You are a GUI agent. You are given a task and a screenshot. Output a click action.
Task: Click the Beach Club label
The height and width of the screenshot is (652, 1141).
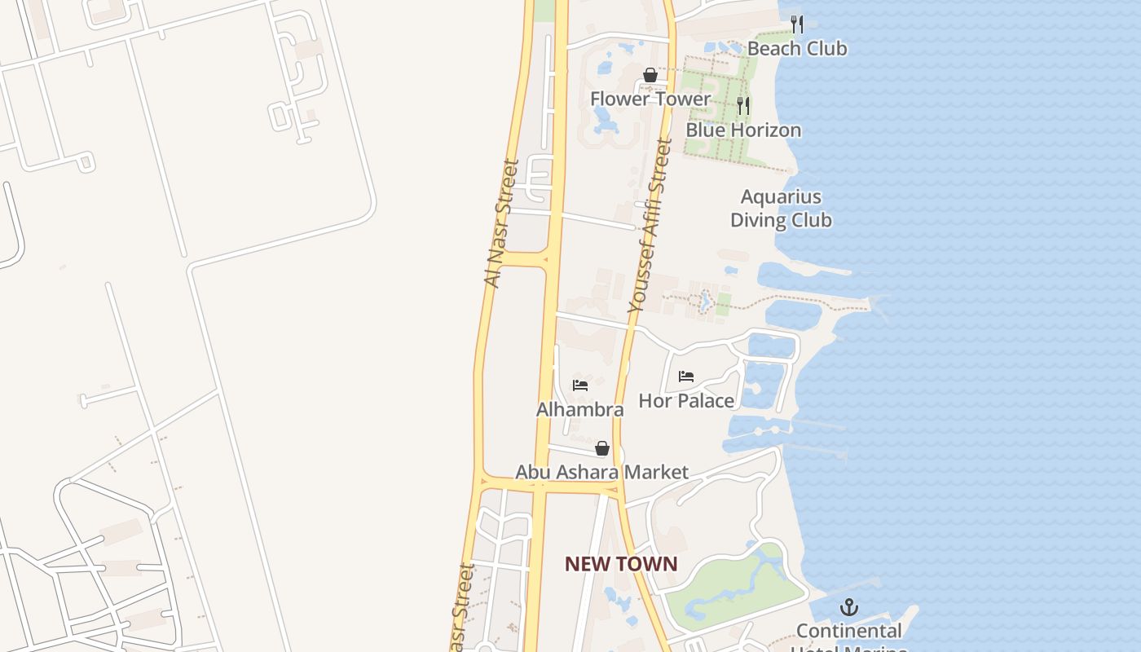point(797,49)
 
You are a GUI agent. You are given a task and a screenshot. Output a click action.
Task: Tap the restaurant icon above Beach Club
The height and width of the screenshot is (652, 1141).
point(797,24)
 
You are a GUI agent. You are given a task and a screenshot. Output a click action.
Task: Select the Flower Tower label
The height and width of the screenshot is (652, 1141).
point(650,99)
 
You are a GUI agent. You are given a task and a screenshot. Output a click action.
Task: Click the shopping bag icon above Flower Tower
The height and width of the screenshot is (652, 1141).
point(650,75)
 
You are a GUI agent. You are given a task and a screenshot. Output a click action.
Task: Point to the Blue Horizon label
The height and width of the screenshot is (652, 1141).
point(743,130)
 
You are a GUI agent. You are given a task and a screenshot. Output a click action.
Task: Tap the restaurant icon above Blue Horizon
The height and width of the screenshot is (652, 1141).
point(743,106)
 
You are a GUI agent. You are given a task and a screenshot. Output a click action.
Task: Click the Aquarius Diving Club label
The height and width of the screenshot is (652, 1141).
point(781,209)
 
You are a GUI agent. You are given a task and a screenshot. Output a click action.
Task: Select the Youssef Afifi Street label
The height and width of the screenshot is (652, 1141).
point(650,226)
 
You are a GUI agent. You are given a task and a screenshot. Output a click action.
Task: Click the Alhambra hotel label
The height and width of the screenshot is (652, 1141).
point(580,410)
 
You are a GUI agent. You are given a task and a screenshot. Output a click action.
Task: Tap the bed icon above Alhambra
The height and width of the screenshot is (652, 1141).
point(580,385)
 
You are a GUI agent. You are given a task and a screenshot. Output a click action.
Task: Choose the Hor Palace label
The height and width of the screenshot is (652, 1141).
point(686,401)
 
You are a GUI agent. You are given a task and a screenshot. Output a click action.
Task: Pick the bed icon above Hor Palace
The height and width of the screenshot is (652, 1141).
point(686,377)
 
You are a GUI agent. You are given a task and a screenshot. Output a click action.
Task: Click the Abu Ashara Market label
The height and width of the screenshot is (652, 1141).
point(601,473)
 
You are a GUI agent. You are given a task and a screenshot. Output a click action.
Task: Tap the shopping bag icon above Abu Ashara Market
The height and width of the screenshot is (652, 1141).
point(602,448)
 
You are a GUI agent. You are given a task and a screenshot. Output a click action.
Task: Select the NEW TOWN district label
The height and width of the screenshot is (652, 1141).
point(621,564)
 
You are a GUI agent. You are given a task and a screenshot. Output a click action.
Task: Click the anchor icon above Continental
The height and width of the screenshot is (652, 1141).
point(849,607)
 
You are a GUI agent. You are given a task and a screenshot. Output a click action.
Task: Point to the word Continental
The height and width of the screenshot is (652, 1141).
point(849,632)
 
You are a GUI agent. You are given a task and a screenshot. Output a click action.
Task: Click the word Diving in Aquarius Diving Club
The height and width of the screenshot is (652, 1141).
point(780,220)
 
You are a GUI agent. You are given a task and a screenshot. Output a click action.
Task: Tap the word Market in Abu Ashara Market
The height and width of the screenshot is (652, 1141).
point(655,473)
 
